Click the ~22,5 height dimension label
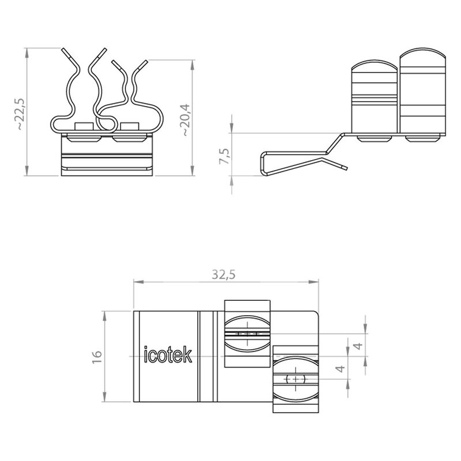coord(21,114)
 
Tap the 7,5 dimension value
coord(225,156)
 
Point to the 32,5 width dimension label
coord(224,275)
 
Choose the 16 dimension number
coord(97,357)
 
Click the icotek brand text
coord(168,354)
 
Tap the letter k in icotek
coord(188,354)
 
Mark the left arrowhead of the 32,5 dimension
coord(138,282)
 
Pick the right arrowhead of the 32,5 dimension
coord(313,282)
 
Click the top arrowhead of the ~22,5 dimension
coord(27,52)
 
